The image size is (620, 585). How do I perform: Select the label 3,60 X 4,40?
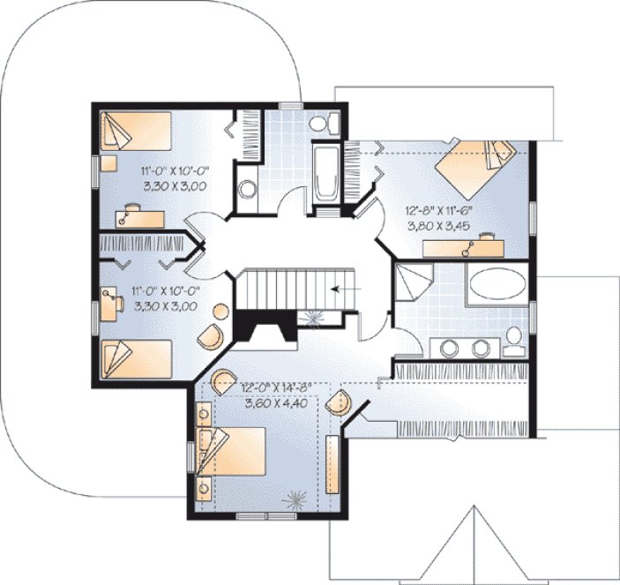click(276, 403)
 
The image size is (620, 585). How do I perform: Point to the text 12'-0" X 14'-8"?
click(276, 387)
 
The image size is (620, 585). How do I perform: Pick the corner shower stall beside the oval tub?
click(412, 284)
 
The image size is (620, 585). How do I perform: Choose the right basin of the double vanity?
click(481, 348)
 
